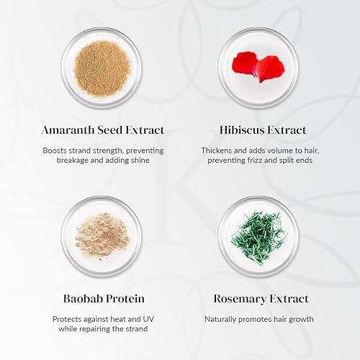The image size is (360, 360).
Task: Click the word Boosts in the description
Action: tap(57, 150)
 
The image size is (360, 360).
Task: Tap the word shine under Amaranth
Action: tap(138, 160)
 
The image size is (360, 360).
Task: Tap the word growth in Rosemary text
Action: tap(299, 318)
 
